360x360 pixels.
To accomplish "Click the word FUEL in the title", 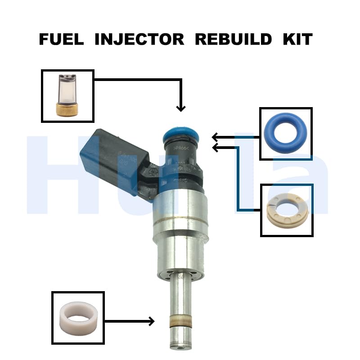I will pyautogui.click(x=62, y=40).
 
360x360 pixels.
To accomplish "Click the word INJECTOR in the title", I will pyautogui.click(x=139, y=40).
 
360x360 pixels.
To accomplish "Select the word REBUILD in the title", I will pyautogui.click(x=233, y=40).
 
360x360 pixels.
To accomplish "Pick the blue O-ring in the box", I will pyautogui.click(x=286, y=134).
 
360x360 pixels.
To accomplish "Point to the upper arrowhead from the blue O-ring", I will pyautogui.click(x=216, y=137).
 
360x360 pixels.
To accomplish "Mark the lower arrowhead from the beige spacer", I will pyautogui.click(x=216, y=147).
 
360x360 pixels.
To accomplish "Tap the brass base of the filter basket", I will pyautogui.click(x=67, y=108).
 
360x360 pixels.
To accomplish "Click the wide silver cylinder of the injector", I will pyautogui.click(x=180, y=220).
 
